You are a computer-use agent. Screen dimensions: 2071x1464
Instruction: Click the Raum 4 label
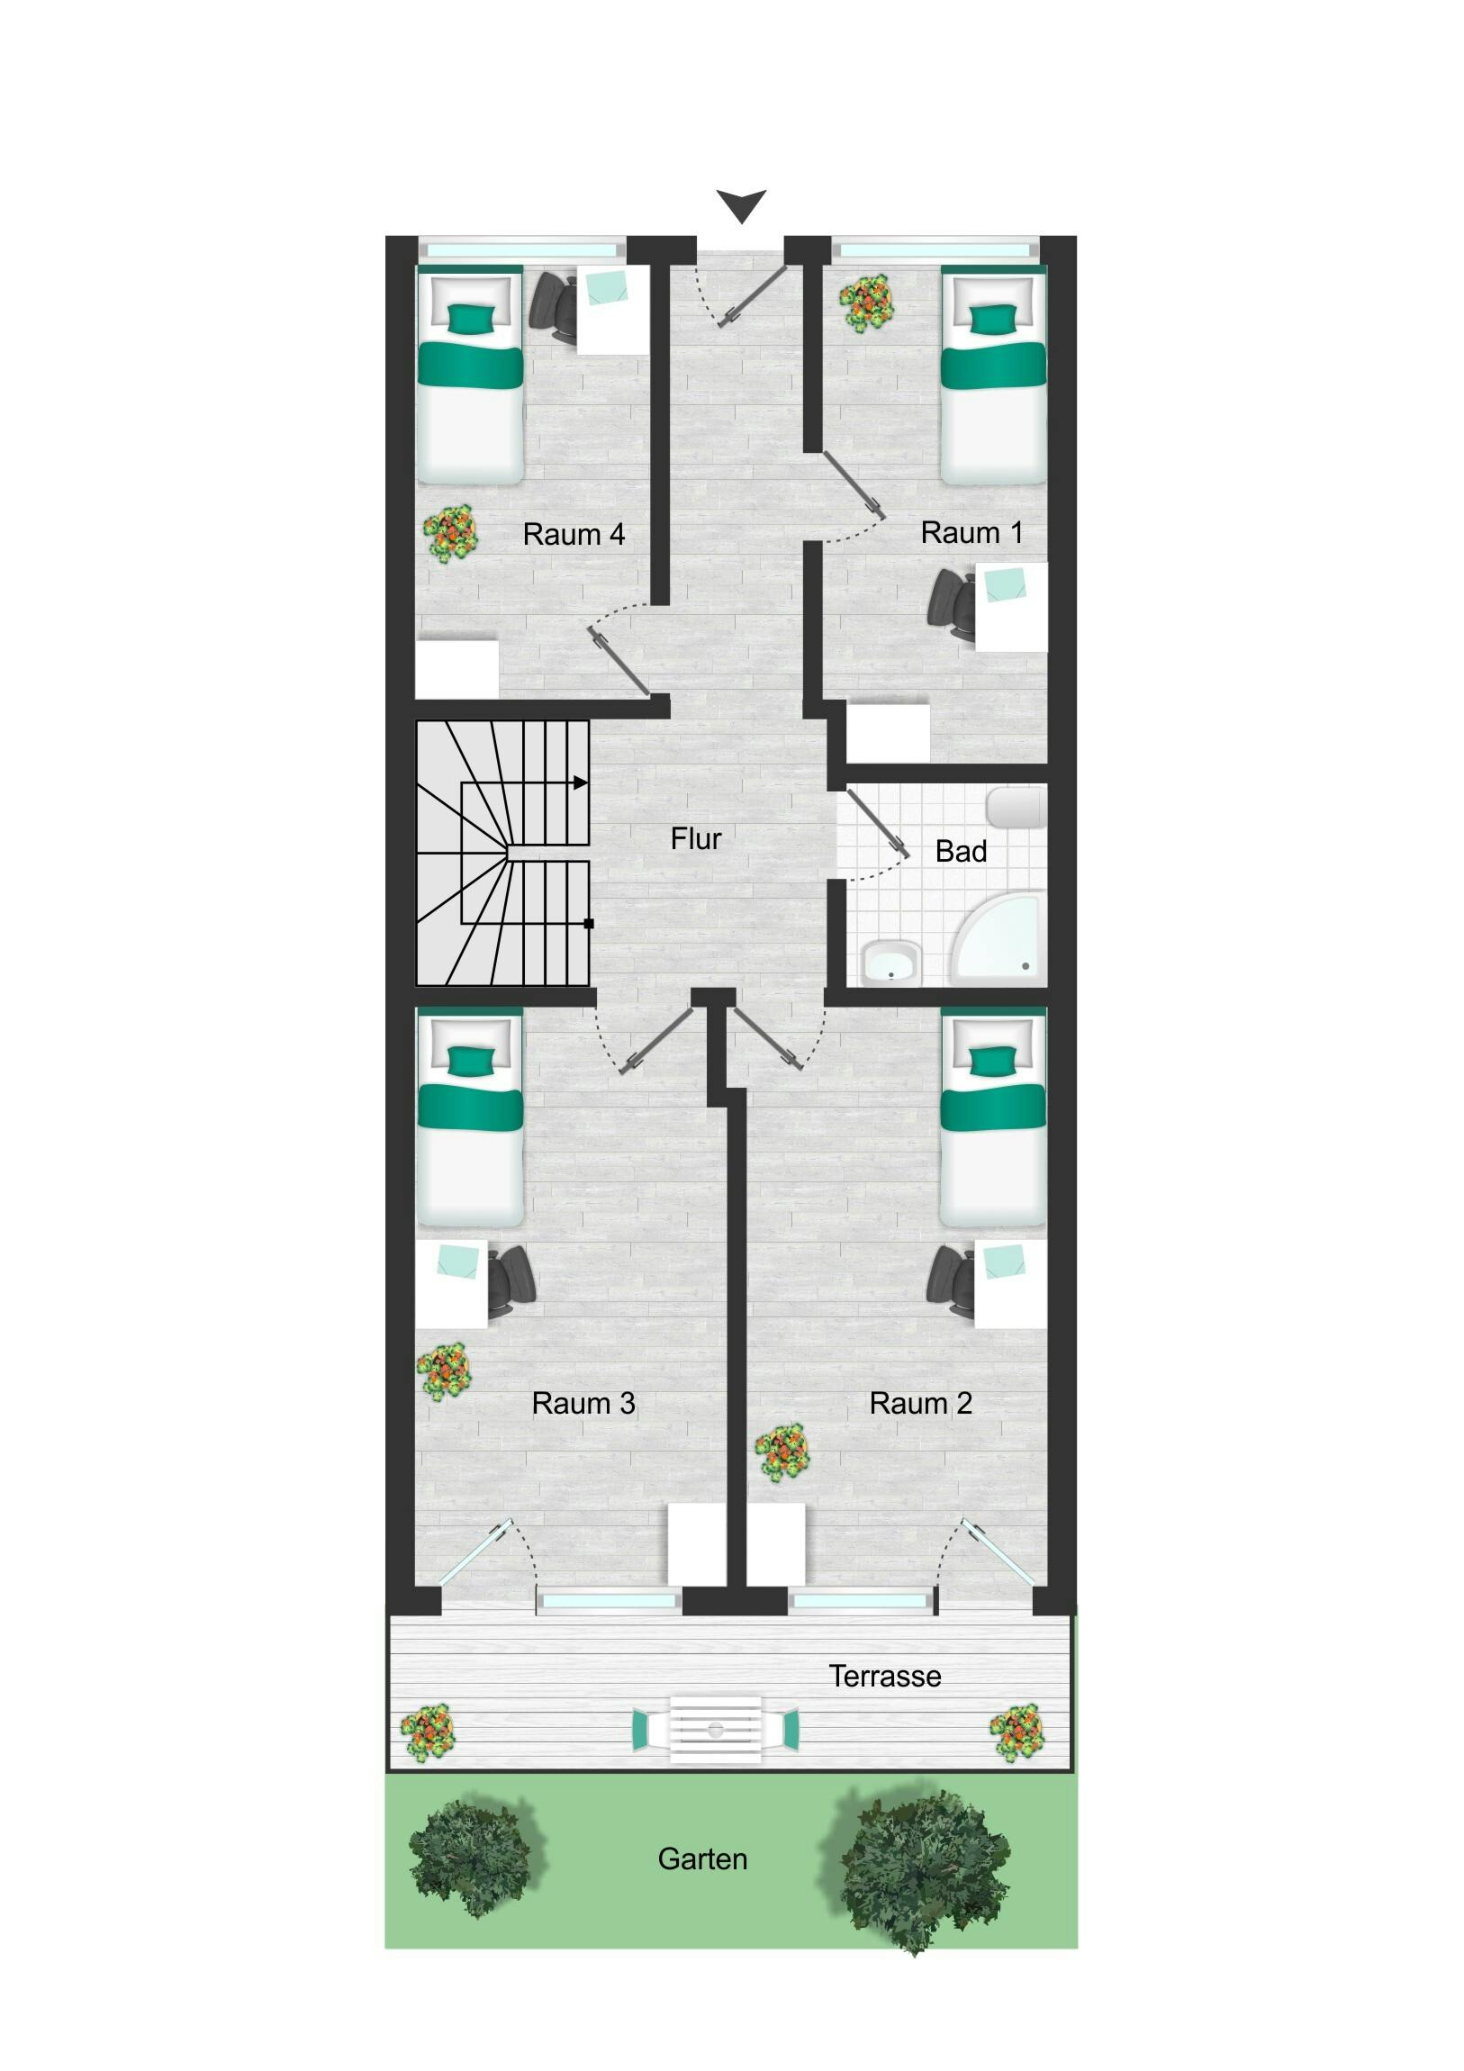(x=574, y=534)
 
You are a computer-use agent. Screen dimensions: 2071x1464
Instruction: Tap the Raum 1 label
(x=971, y=532)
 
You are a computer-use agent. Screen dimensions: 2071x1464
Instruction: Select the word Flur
(x=695, y=839)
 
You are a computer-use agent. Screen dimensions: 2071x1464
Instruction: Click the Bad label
(x=961, y=851)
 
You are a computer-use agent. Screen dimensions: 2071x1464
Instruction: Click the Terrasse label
(x=885, y=1676)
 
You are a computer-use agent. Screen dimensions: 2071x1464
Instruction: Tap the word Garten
(x=701, y=1859)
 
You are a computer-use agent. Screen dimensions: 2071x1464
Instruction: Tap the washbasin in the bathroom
(x=890, y=963)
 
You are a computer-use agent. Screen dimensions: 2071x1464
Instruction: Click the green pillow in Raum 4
(x=472, y=318)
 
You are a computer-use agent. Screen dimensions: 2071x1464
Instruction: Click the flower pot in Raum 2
(x=782, y=1452)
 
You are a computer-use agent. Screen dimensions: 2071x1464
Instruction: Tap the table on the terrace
(x=715, y=1729)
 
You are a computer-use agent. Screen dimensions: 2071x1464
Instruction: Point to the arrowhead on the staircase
(x=581, y=782)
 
